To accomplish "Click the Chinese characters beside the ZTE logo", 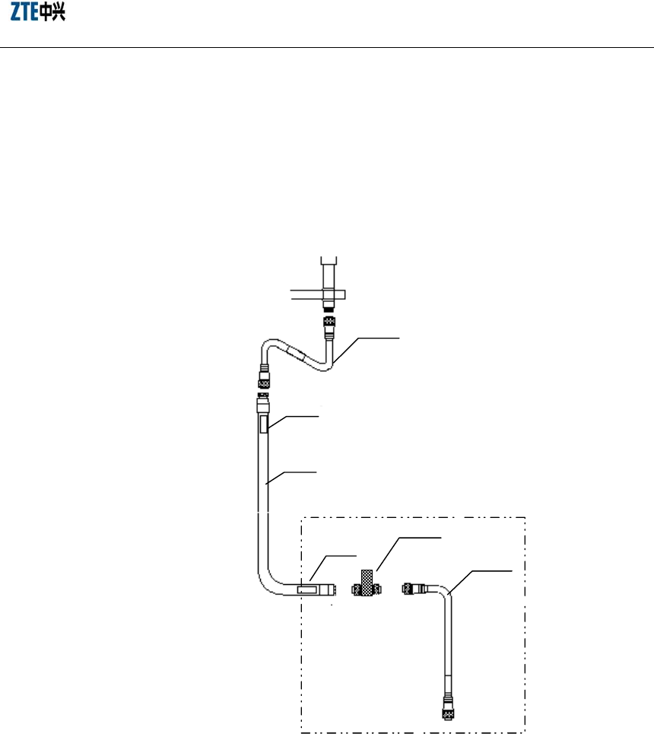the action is (x=52, y=14).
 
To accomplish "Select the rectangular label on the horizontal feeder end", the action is (x=308, y=589).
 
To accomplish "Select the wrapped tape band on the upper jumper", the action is (x=294, y=354).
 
